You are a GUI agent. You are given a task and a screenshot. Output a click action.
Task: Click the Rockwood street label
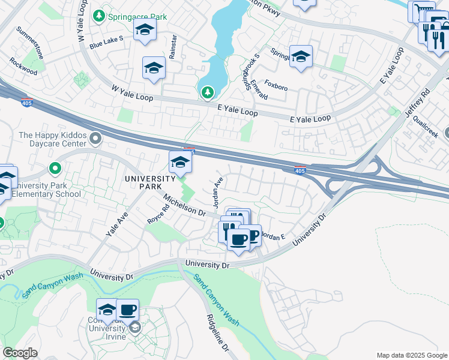pos(23,67)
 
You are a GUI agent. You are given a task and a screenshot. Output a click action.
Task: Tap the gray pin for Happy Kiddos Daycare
pos(95,140)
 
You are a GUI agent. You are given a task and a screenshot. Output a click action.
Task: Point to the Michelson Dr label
pos(184,205)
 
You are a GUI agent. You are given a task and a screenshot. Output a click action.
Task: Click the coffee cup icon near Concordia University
pos(127,310)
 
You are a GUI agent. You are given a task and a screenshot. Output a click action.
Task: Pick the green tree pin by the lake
pos(207,92)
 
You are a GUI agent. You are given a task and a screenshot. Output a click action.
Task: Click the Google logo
pos(20,353)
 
